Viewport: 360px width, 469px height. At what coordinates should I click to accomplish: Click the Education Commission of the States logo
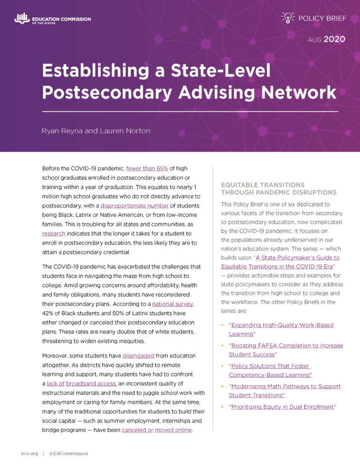coord(53,19)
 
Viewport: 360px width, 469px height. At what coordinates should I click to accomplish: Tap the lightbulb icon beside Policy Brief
coord(287,18)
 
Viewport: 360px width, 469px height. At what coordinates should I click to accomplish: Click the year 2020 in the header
coord(334,40)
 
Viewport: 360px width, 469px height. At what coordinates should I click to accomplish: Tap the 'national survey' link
coord(173,304)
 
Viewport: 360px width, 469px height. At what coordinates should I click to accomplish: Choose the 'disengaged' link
coord(138,355)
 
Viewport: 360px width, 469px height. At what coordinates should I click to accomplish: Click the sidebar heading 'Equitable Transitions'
coord(262,185)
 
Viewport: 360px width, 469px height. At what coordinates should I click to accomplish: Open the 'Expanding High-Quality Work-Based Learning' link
coord(281,325)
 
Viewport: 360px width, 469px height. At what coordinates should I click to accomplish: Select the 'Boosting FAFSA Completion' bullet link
coord(286,345)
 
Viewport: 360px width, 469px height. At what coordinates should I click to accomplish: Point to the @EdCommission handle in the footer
coord(68,453)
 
